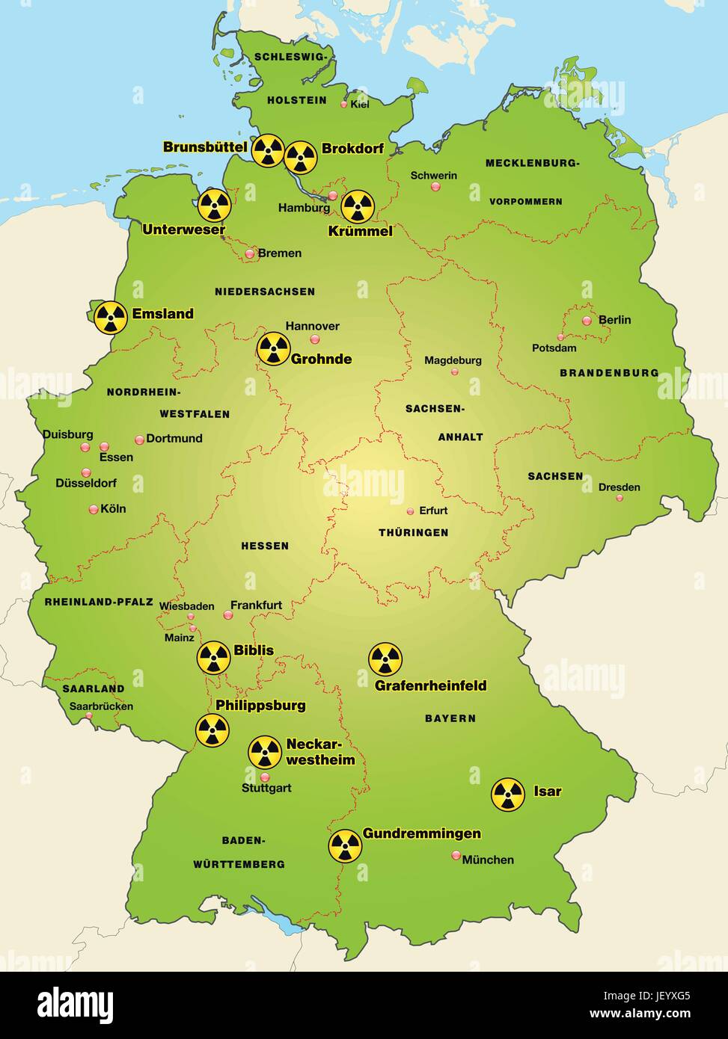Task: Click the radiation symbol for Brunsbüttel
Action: (x=268, y=150)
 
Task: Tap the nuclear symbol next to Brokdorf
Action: (x=301, y=157)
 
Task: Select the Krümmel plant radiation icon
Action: (x=358, y=207)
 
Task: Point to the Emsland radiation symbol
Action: (x=111, y=318)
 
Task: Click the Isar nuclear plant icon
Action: (x=508, y=795)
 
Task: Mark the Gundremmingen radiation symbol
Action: (x=345, y=845)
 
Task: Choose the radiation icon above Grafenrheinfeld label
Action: (x=385, y=659)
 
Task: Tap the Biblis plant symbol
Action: (x=214, y=657)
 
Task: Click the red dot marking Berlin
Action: (x=587, y=321)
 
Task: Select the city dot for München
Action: (x=456, y=855)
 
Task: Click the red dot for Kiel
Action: (x=344, y=105)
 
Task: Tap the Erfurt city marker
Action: (x=410, y=511)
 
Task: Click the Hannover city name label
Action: (x=312, y=326)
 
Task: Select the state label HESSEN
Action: (x=265, y=546)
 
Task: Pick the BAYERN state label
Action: (x=450, y=718)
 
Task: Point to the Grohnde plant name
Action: (x=321, y=359)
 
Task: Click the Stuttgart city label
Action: (x=266, y=788)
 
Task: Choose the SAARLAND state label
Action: (x=94, y=688)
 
